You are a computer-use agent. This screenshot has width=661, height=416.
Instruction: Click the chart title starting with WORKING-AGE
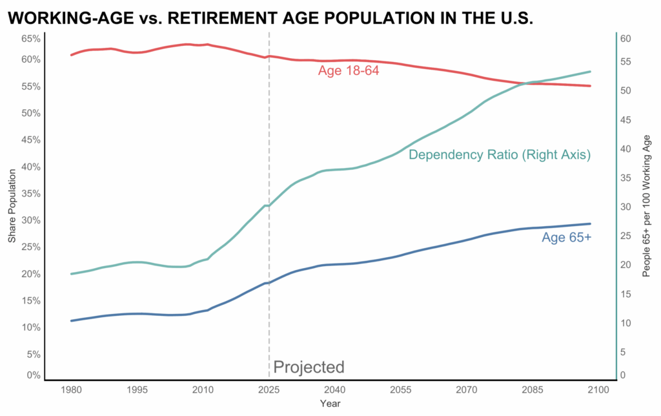(x=270, y=18)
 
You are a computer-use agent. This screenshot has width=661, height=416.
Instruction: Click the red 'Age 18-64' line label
(x=348, y=70)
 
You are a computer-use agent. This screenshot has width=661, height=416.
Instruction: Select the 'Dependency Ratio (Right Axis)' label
(x=500, y=155)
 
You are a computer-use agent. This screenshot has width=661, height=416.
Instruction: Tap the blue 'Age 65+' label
(x=566, y=238)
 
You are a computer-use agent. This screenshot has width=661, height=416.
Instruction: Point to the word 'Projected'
(x=309, y=368)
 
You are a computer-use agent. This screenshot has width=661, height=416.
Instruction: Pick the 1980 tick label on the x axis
(x=71, y=390)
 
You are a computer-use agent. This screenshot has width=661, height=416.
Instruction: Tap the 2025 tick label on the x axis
(x=269, y=390)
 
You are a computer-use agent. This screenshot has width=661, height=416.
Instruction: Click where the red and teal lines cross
(x=525, y=83)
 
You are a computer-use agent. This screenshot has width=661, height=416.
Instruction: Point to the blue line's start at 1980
(x=72, y=320)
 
